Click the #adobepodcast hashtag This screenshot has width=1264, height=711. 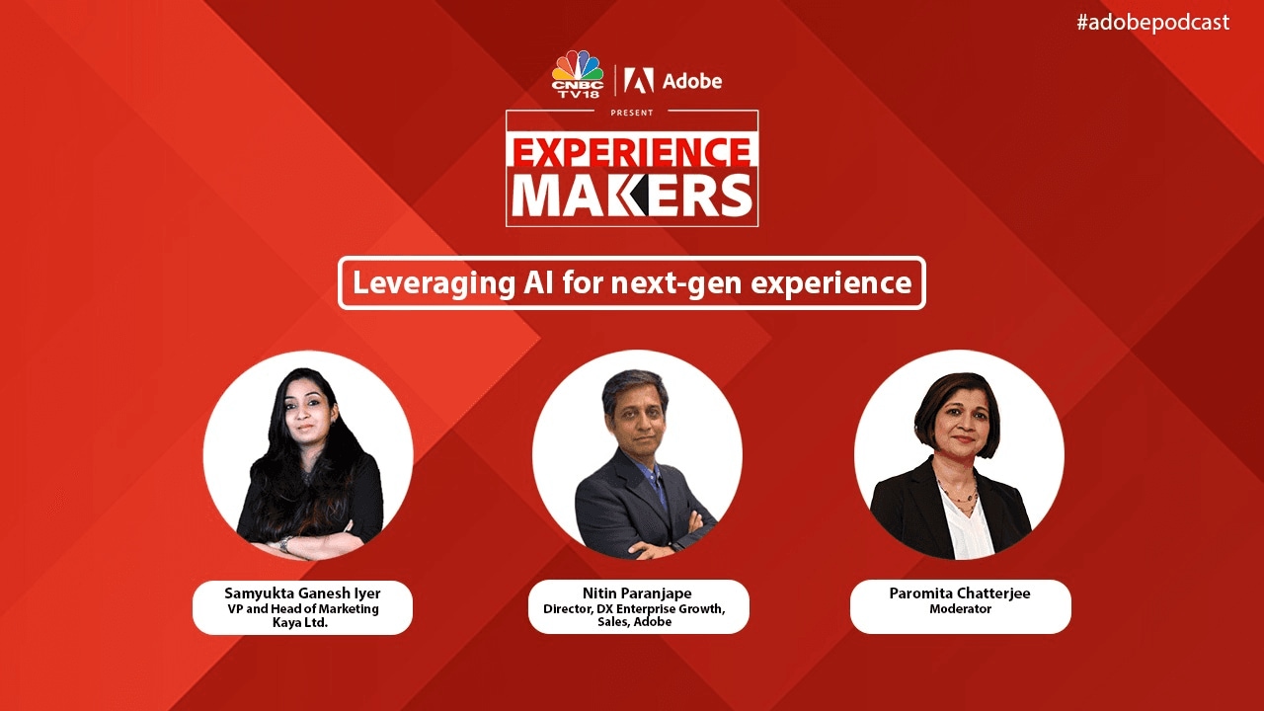pyautogui.click(x=1152, y=22)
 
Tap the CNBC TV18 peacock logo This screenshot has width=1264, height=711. pyautogui.click(x=578, y=74)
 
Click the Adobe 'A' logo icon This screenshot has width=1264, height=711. pyautogui.click(x=639, y=81)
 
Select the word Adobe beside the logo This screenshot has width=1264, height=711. pyautogui.click(x=692, y=81)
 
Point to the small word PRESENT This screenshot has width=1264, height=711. pyautogui.click(x=631, y=113)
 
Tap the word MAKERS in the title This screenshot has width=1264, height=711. pyautogui.click(x=631, y=196)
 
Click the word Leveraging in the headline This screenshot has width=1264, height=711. pyautogui.click(x=434, y=283)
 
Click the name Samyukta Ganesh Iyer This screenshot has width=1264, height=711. pyautogui.click(x=302, y=593)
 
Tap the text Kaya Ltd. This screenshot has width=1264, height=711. pyautogui.click(x=300, y=623)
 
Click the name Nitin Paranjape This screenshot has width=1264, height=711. pyautogui.click(x=637, y=593)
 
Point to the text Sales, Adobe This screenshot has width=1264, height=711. pyautogui.click(x=635, y=622)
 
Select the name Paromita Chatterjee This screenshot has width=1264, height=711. pyautogui.click(x=960, y=593)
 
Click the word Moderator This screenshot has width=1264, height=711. pyautogui.click(x=961, y=609)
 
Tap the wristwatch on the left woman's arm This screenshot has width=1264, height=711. pyautogui.click(x=286, y=544)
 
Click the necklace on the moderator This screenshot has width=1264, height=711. pyautogui.click(x=958, y=496)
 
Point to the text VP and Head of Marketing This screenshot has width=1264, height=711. pyautogui.click(x=303, y=609)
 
